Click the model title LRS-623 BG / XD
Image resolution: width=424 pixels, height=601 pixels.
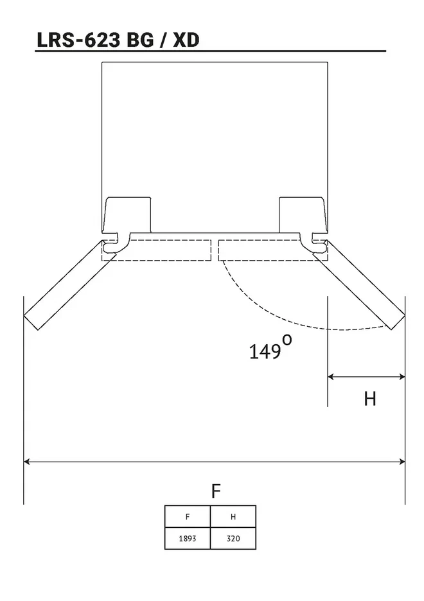[x=118, y=40]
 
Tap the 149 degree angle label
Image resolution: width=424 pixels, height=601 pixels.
[x=270, y=347]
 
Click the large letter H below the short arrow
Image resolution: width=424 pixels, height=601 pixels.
[x=370, y=399]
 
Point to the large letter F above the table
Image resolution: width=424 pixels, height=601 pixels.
[x=216, y=491]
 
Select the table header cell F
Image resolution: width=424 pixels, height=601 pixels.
[x=188, y=516]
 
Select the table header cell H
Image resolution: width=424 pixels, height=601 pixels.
[x=233, y=516]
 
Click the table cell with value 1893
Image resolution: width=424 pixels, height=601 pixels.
[x=188, y=538]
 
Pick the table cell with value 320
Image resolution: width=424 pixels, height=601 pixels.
[x=233, y=538]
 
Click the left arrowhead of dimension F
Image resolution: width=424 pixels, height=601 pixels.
[x=26, y=462]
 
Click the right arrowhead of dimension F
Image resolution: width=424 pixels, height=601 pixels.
[x=402, y=462]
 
